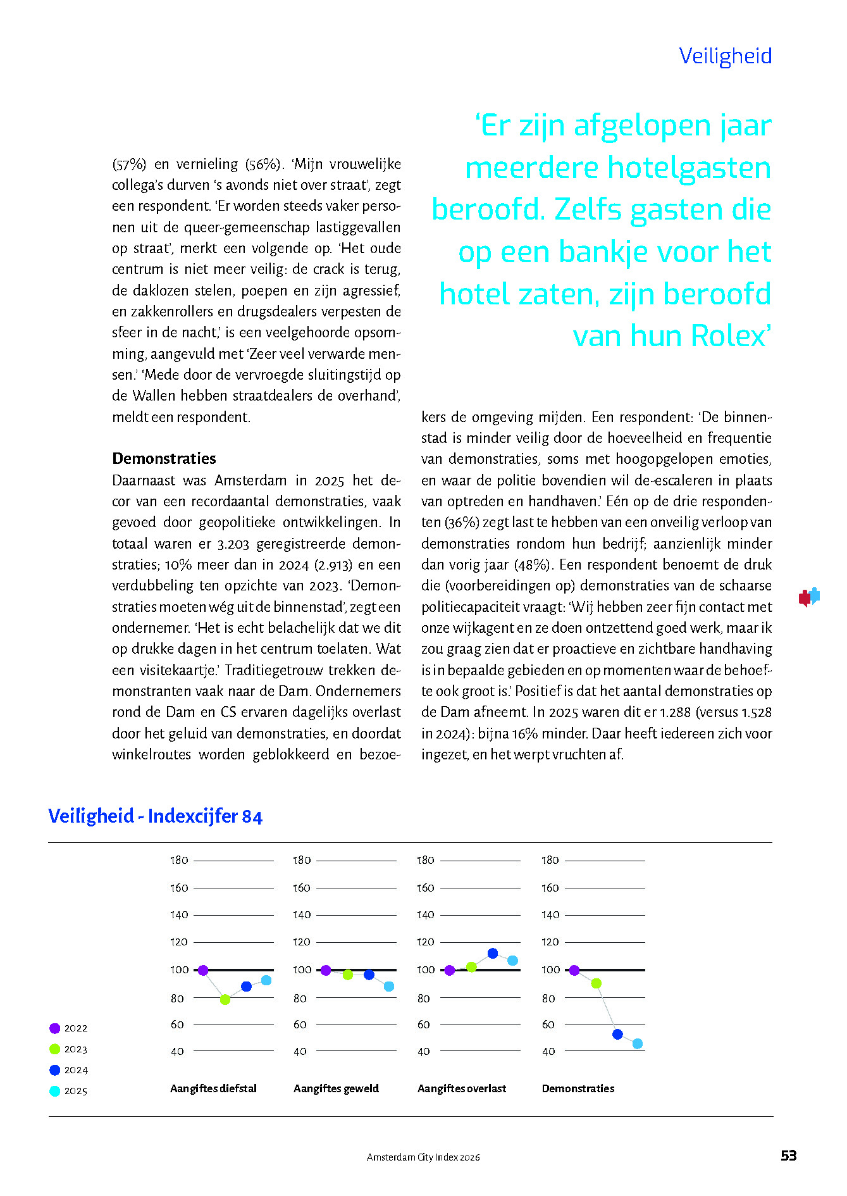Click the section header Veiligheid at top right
click(725, 56)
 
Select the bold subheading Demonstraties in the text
click(164, 458)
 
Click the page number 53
click(788, 1156)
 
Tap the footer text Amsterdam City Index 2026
click(423, 1157)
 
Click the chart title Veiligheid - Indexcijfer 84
click(155, 816)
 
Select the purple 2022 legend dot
click(55, 1028)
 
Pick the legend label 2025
click(76, 1091)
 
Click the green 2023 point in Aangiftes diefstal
click(225, 999)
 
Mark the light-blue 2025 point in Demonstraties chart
click(638, 1043)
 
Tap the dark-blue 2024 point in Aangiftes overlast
click(493, 953)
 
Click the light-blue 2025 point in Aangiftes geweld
click(389, 987)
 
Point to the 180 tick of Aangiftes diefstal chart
click(179, 860)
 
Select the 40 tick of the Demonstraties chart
click(548, 1051)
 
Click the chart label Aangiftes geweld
click(336, 1088)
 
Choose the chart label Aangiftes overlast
click(462, 1088)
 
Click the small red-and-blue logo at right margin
click(809, 597)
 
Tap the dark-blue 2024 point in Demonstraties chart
click(617, 1034)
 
